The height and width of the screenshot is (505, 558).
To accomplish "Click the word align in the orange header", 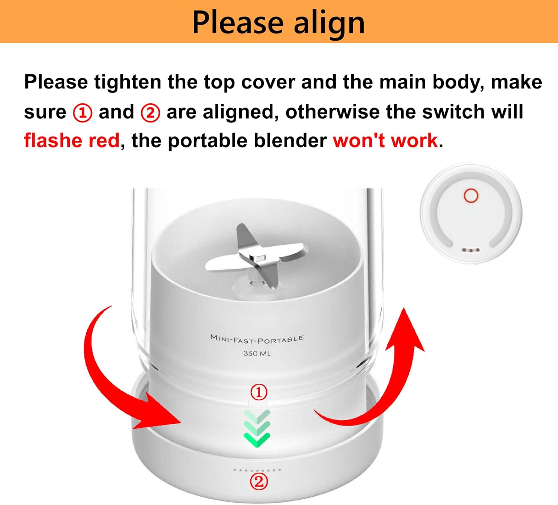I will point(329,23).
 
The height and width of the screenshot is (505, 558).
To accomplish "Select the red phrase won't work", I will point(385,141).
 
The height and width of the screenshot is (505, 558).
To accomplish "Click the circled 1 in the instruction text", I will point(83,113).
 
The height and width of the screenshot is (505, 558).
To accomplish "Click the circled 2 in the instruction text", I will point(150,113).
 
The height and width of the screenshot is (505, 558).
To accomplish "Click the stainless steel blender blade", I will point(257,257).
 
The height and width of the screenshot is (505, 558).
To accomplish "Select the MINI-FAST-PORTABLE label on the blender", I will point(257,339).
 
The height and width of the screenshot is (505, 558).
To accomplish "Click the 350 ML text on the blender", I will point(257,353).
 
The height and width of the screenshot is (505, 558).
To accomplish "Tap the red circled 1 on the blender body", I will point(259,392).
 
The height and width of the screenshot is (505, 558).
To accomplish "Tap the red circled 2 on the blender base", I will point(259,482).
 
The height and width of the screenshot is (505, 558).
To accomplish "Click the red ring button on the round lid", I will point(471,196).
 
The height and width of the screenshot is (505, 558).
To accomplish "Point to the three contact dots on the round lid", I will point(471,250).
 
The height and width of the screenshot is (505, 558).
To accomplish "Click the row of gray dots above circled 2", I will point(257,470).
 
